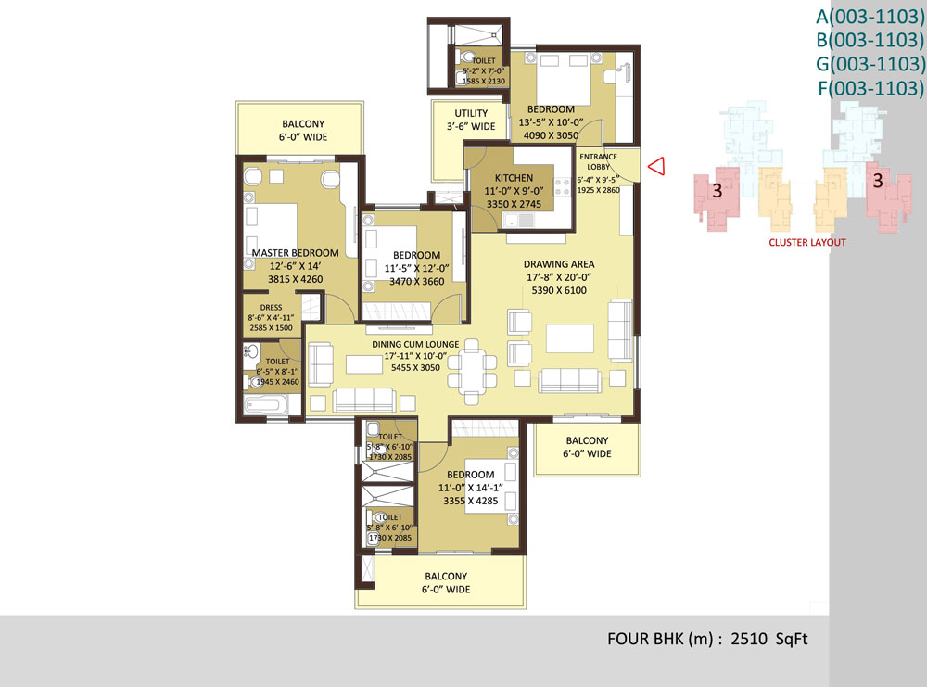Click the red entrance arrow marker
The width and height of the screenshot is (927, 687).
656,166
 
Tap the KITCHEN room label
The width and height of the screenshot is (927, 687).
514,178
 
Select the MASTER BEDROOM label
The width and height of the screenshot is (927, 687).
295,253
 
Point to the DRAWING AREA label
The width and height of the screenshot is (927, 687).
559,264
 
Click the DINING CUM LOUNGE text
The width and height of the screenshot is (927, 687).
415,344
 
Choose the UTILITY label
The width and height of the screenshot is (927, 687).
471,113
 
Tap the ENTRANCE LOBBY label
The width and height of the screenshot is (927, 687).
598,161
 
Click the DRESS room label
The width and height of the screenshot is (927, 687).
271,308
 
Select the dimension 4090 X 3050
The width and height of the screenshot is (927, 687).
551,135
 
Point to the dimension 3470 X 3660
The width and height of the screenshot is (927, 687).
417,282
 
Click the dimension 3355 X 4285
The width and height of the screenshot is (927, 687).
471,501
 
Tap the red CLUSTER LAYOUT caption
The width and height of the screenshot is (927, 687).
807,242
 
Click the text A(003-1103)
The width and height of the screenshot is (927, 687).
870,16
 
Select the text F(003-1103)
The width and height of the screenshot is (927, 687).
870,88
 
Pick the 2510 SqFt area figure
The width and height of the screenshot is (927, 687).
769,639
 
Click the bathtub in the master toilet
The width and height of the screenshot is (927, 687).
265,405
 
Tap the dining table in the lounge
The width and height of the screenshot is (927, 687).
472,371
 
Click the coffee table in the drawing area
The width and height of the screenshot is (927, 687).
570,338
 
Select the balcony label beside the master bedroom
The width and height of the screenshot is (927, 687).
303,130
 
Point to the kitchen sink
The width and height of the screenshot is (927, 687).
518,221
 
